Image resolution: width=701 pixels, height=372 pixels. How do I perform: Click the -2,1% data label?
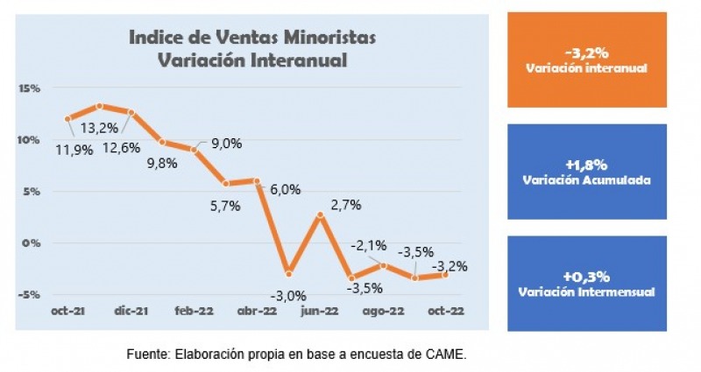(x=367, y=246)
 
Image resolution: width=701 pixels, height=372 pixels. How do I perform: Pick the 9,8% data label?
(x=160, y=162)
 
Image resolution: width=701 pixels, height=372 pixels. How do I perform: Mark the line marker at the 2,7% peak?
(x=321, y=214)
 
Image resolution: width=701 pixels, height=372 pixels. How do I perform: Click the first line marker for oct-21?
(x=68, y=118)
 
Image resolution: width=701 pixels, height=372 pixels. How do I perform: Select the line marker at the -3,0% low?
(x=289, y=274)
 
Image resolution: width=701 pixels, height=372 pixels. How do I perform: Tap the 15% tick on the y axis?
(x=29, y=88)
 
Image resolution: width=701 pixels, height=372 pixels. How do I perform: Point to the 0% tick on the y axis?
(x=32, y=242)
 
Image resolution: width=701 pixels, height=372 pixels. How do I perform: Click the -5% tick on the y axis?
(x=31, y=294)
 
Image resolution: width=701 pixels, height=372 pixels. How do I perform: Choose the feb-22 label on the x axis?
(x=195, y=311)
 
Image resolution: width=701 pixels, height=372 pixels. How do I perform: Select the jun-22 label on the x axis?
(x=320, y=311)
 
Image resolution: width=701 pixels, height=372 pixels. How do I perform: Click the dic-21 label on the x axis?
(x=131, y=311)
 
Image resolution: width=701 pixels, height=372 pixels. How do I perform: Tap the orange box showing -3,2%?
(x=586, y=60)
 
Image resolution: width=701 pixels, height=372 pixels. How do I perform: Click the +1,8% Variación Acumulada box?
(x=586, y=172)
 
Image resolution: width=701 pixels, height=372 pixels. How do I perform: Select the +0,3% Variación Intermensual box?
(x=586, y=283)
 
